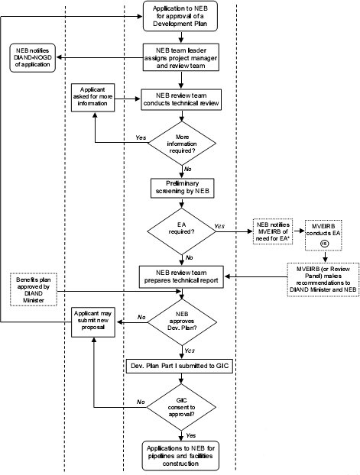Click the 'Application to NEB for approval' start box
click(x=180, y=16)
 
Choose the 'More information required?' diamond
click(x=180, y=144)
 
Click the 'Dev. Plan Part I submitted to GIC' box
click(x=180, y=367)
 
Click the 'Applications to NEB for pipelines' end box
click(x=180, y=454)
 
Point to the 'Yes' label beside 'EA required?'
click(x=220, y=226)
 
